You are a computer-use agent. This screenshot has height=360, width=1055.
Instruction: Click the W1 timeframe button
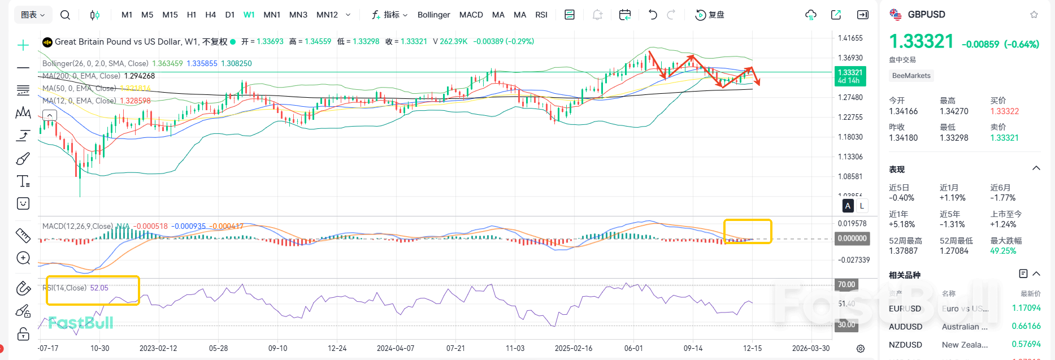click(249, 15)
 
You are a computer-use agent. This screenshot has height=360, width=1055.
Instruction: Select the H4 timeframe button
click(210, 15)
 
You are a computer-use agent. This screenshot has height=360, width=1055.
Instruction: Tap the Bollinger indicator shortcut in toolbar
click(433, 15)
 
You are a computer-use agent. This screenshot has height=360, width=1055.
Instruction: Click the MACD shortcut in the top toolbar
click(471, 15)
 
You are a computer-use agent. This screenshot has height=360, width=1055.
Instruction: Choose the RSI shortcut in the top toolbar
click(541, 15)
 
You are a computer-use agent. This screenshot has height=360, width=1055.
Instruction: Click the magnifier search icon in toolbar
click(65, 15)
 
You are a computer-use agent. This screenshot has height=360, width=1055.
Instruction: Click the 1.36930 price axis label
click(850, 58)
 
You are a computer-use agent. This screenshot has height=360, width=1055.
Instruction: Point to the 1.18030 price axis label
click(850, 137)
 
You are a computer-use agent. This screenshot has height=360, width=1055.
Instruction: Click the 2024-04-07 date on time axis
click(396, 348)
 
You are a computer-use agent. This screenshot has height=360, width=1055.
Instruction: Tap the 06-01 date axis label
click(633, 348)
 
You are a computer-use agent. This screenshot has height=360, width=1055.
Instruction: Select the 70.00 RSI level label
click(846, 284)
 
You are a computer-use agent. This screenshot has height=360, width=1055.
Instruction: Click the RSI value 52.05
click(99, 288)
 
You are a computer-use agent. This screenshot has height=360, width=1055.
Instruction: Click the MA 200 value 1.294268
click(139, 76)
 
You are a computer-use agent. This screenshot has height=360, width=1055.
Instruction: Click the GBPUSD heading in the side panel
click(926, 15)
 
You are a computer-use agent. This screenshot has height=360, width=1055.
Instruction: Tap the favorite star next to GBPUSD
click(1034, 15)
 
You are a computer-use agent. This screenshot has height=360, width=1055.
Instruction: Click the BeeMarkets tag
click(911, 76)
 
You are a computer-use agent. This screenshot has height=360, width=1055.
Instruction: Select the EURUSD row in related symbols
click(905, 309)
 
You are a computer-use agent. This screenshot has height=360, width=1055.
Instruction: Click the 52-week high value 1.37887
click(903, 251)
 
